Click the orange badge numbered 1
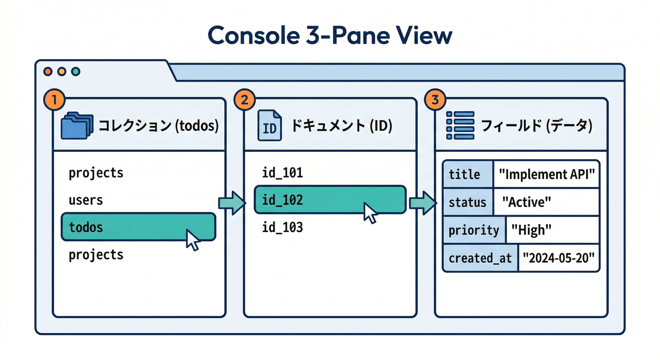[54, 99]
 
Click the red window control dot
[47, 72]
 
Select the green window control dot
[75, 72]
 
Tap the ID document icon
[270, 126]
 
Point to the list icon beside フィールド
[460, 125]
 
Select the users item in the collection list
[86, 200]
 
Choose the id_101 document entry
[282, 173]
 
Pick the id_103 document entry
[282, 228]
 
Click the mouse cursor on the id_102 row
[370, 213]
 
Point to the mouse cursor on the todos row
[193, 240]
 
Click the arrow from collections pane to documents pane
[232, 202]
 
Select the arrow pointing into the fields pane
[423, 202]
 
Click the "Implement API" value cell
[547, 175]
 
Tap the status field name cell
[467, 202]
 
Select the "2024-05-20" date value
[559, 258]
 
